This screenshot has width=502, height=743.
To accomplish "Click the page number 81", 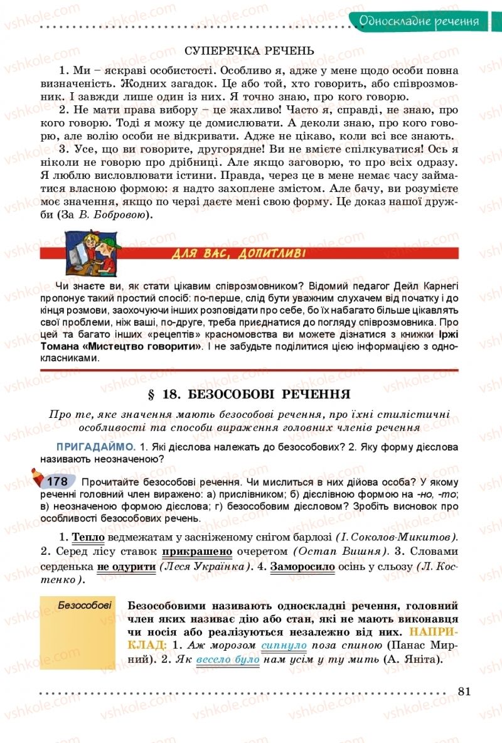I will coord(464,692).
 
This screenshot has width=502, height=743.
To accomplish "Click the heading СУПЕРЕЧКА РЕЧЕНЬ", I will coord(250,50).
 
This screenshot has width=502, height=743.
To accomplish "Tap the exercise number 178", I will coord(57,482).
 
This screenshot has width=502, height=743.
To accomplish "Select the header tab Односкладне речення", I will coord(419,21).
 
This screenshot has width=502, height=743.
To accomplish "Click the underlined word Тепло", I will coord(88,537).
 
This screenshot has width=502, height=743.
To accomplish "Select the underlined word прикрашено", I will coord(197,552).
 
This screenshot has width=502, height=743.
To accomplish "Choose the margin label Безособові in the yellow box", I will coord(85,606).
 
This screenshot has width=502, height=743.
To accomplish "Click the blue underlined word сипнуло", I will coord(284,645).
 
